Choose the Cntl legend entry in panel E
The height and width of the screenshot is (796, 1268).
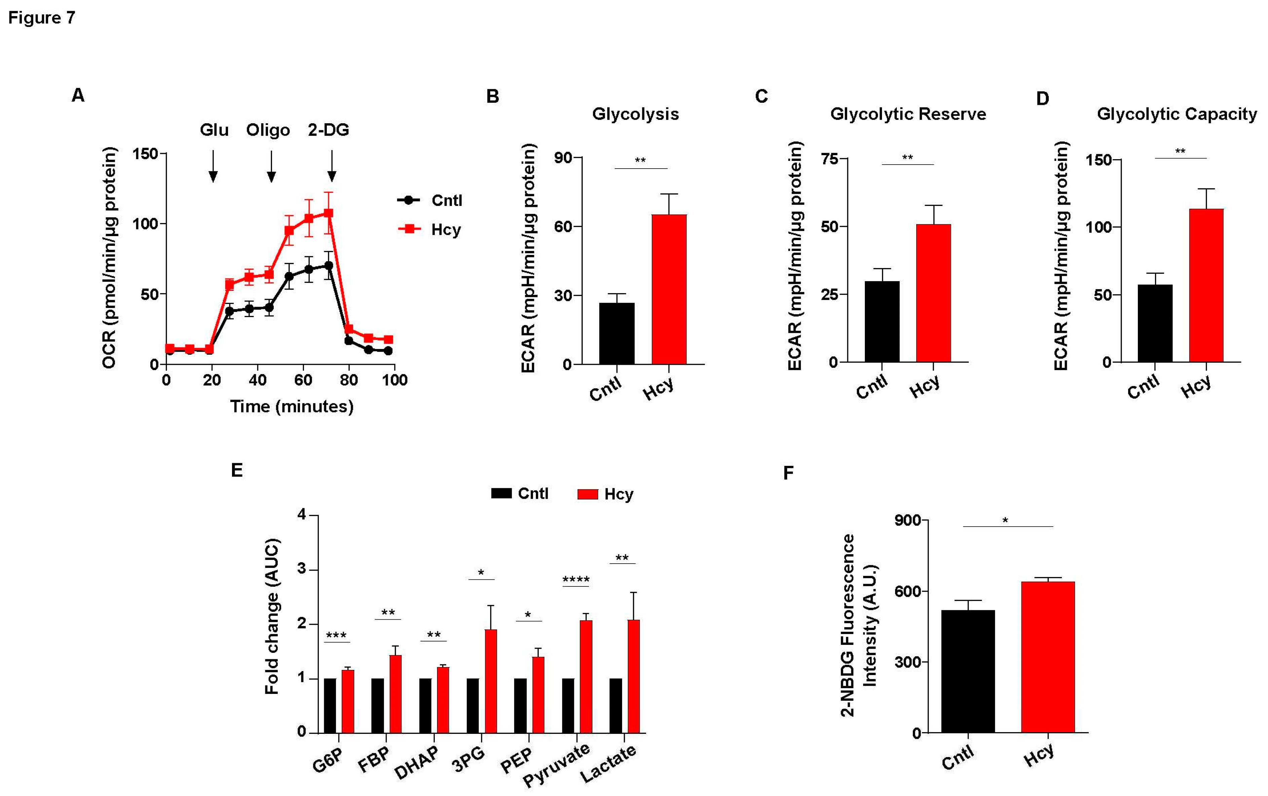pos(520,493)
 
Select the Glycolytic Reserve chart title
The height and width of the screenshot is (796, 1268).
pos(908,114)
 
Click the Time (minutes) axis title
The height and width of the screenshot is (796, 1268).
pos(291,406)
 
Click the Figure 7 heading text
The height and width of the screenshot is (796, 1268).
pos(42,18)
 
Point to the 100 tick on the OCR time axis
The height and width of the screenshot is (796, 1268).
pos(394,380)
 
